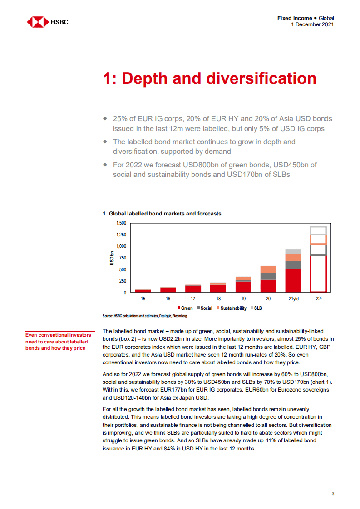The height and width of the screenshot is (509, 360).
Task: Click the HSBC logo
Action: tap(47, 21)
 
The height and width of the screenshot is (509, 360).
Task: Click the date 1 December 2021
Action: tap(312, 24)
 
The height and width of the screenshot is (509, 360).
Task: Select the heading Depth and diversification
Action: tap(209, 78)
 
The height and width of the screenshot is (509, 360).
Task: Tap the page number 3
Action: tap(333, 494)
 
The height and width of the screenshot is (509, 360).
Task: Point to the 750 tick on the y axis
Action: tap(123, 258)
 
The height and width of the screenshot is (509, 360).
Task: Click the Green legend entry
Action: tap(184, 308)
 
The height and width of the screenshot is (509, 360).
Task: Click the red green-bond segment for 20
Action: tap(268, 285)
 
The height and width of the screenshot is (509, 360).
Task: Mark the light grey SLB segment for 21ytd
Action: tap(293, 251)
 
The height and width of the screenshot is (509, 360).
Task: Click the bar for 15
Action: tap(143, 290)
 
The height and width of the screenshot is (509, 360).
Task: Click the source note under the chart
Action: tap(145, 316)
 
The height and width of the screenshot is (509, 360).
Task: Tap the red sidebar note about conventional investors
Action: tap(58, 342)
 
